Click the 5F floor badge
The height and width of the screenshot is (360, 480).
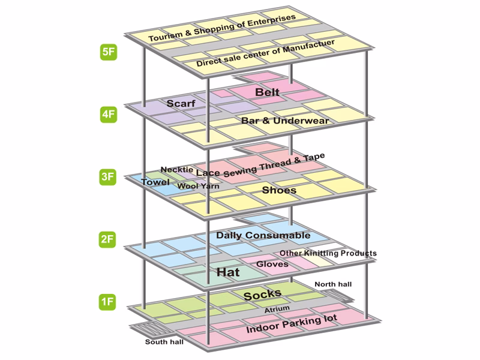[109, 52]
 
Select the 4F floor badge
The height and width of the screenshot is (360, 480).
[109, 114]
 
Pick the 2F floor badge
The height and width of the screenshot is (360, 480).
[109, 239]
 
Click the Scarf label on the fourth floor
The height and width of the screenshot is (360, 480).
[181, 103]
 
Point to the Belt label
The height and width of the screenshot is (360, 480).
[267, 92]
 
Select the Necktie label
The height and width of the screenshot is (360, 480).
[177, 170]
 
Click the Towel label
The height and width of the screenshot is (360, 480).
[155, 181]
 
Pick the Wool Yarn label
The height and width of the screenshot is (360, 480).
[199, 186]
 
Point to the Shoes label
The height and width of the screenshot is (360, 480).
[279, 190]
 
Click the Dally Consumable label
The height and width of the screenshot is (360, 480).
[263, 235]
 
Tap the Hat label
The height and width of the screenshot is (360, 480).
[228, 272]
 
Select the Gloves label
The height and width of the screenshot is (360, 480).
[273, 264]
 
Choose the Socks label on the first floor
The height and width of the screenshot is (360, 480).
[262, 294]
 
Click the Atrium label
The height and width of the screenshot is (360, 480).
[277, 310]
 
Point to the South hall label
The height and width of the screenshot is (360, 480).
[164, 343]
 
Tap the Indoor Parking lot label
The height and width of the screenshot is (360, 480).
[292, 324]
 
